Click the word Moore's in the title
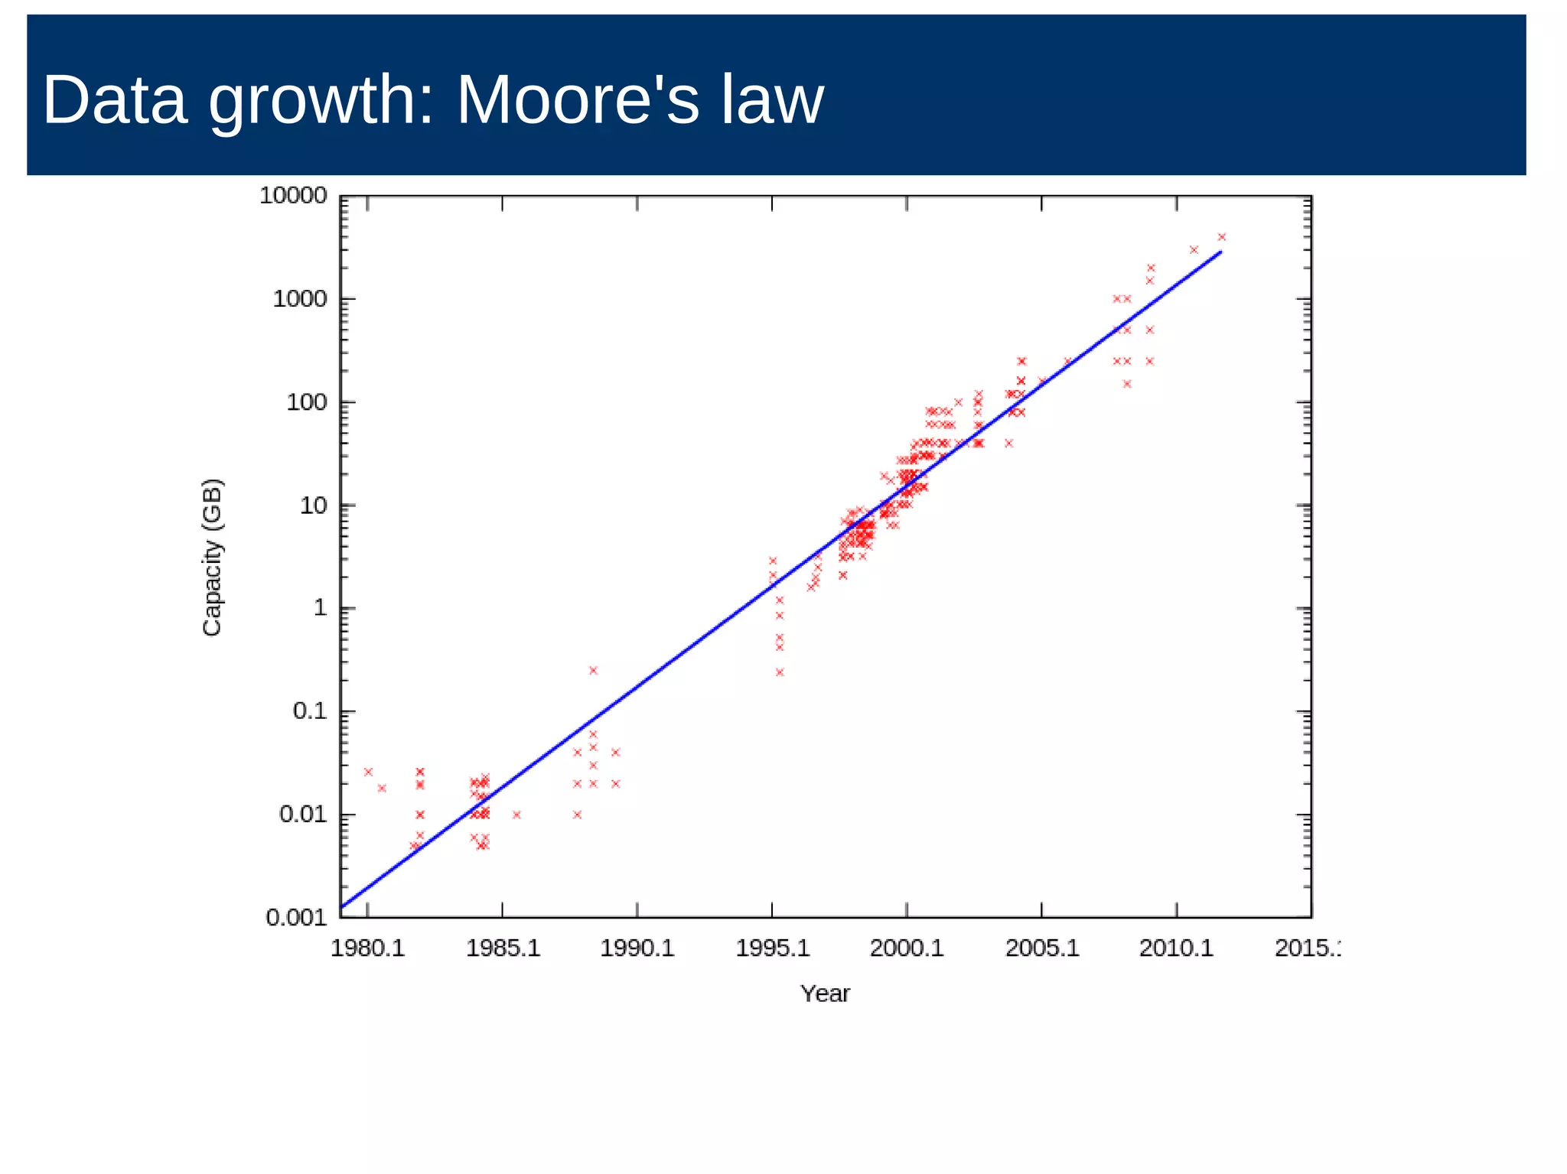click(577, 100)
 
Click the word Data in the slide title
click(115, 100)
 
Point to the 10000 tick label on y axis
click(293, 196)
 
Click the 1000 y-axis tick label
click(300, 299)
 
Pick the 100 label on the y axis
click(306, 402)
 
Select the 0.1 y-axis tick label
click(309, 711)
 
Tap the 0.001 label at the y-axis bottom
click(296, 917)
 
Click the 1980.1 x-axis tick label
click(367, 948)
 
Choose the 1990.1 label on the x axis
click(637, 948)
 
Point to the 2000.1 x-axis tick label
click(907, 948)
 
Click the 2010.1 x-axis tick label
click(1176, 948)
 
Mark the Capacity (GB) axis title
click(212, 557)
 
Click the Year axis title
click(825, 994)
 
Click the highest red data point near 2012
click(1221, 237)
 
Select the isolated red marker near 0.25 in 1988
click(593, 671)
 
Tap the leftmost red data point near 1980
click(368, 772)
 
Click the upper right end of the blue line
click(1220, 252)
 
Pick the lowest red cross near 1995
click(780, 672)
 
